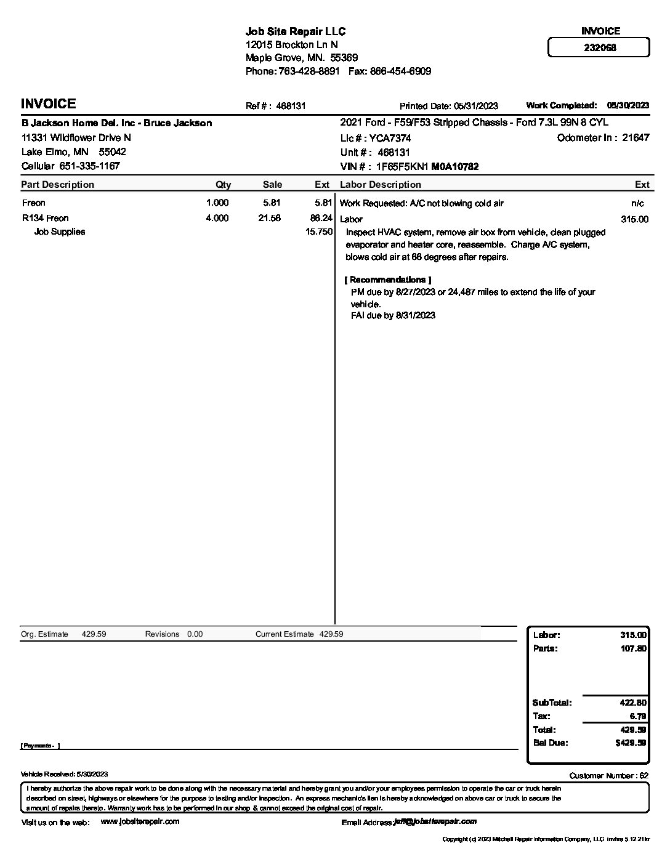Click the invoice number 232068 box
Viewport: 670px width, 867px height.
click(599, 47)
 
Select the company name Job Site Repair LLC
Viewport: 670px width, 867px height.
click(296, 31)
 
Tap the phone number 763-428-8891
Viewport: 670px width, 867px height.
click(309, 71)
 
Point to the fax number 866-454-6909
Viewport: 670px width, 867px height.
click(400, 71)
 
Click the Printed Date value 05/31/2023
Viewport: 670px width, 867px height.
click(476, 106)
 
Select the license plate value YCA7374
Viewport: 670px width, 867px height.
click(390, 139)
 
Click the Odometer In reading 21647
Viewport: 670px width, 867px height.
click(635, 138)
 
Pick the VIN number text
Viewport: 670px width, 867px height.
click(427, 167)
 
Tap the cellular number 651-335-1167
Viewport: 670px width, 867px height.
click(89, 166)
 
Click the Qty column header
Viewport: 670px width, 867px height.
click(223, 185)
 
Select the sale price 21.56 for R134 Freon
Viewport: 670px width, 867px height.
click(270, 218)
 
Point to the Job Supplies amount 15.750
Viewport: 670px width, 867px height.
click(319, 232)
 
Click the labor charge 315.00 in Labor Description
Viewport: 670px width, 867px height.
click(634, 219)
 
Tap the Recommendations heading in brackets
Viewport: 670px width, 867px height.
click(387, 280)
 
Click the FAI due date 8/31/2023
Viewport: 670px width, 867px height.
click(415, 315)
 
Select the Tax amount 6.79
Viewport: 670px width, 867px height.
click(638, 716)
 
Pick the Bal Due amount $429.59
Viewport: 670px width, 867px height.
click(631, 743)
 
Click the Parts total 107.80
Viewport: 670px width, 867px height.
click(633, 648)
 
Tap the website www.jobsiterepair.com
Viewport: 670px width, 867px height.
click(140, 821)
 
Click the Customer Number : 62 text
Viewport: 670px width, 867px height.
click(608, 776)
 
